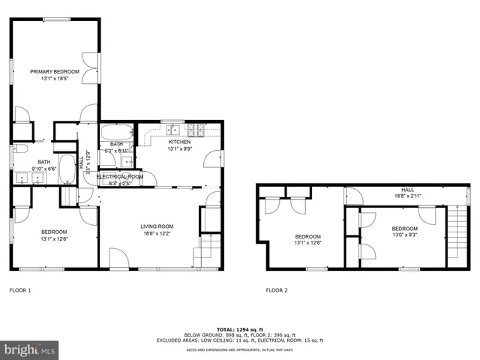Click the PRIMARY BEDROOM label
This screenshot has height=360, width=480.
click(x=55, y=71)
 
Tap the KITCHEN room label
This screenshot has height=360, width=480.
click(x=179, y=142)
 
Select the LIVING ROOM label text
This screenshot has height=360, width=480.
click(x=157, y=226)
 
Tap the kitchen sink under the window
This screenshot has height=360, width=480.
click(x=172, y=127)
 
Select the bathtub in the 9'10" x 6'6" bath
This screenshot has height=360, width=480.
click(x=67, y=169)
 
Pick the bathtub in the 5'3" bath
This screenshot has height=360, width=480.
click(x=117, y=130)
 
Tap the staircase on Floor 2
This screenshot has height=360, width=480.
click(x=452, y=234)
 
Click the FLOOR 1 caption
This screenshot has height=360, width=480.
click(x=20, y=289)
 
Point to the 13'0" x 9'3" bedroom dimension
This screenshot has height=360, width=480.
click(x=404, y=235)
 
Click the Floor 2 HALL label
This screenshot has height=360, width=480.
click(x=407, y=190)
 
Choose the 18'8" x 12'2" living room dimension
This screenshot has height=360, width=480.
click(x=157, y=233)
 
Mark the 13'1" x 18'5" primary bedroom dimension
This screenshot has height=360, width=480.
click(x=55, y=78)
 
